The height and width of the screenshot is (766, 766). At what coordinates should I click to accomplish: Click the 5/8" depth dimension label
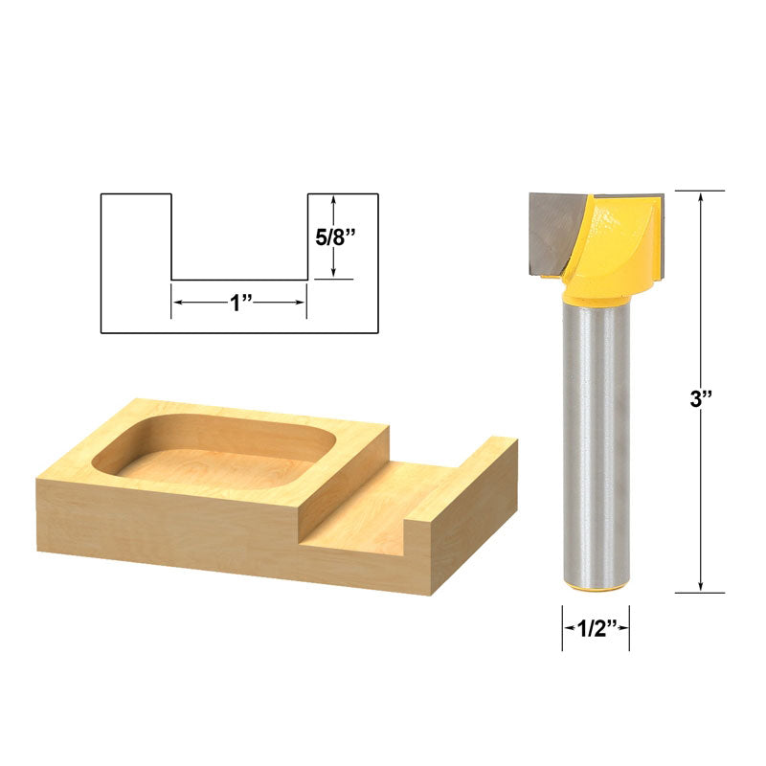coord(337,236)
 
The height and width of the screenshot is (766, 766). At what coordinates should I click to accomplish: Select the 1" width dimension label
coord(239,303)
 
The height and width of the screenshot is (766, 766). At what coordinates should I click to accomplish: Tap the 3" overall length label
coord(703,400)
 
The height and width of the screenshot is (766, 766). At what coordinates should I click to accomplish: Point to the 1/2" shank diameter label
coord(595,629)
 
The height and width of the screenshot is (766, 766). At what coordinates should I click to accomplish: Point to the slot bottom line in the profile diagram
coord(239,280)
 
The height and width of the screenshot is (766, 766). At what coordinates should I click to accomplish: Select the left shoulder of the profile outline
coord(136,194)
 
